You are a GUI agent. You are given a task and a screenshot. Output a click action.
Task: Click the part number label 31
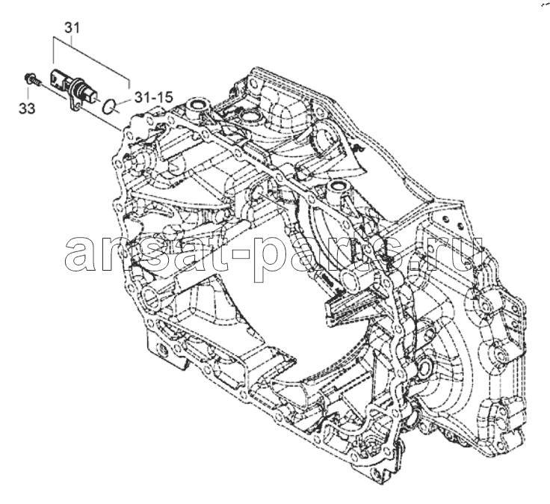pyautogui.click(x=72, y=28)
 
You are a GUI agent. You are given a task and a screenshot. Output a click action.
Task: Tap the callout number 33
pyautogui.click(x=27, y=108)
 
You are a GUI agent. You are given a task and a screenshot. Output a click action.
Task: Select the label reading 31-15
pyautogui.click(x=154, y=97)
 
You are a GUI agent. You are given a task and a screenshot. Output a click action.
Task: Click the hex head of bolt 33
pyautogui.click(x=29, y=78)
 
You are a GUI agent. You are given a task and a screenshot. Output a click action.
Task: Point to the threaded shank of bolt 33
pyautogui.click(x=38, y=83)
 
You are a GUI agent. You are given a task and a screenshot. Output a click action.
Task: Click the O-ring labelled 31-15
pyautogui.click(x=109, y=107)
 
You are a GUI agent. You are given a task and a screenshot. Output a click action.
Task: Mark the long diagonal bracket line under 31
pyautogui.click(x=92, y=59)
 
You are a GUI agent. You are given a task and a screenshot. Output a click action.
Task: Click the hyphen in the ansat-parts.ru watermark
pyautogui.click(x=242, y=253)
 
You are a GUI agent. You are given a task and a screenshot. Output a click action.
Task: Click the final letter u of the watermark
pyautogui.click(x=466, y=253)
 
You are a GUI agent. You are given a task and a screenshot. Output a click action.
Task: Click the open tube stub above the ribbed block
pyautogui.click(x=355, y=277)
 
